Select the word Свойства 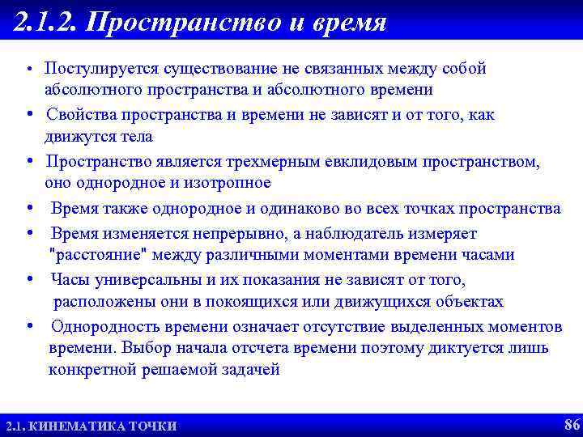[x=80, y=114]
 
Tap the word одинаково [x=296, y=208]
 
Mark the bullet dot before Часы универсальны [x=29, y=280]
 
